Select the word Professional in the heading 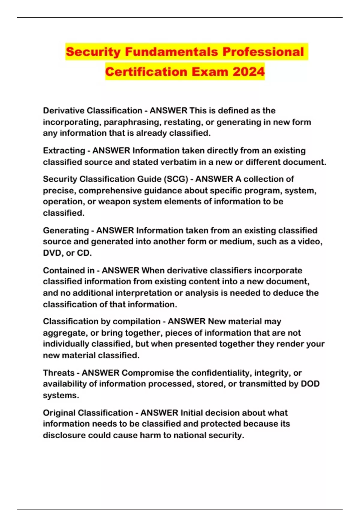(x=263, y=52)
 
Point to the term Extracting (x=64, y=151)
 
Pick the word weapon (x=114, y=202)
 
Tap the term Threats (x=58, y=373)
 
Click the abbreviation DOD (x=310, y=384)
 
